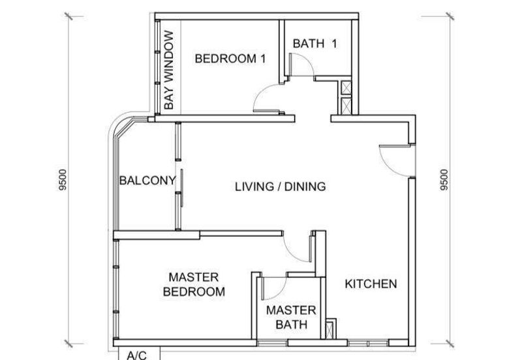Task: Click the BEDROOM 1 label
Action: (230, 59)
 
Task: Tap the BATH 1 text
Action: (315, 43)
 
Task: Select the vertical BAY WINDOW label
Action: (169, 70)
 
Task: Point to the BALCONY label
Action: (147, 181)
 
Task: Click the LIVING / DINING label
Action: (281, 187)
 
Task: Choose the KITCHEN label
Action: (371, 284)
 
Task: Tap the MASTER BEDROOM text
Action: (194, 284)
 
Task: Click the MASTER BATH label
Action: (291, 317)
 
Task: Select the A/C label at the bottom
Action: (137, 355)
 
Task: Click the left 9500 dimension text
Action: (62, 180)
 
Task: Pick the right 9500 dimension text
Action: (444, 180)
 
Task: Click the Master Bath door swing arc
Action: (280, 292)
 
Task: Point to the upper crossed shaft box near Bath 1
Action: (346, 87)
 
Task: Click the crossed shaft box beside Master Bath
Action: (330, 329)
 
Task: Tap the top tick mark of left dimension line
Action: (69, 16)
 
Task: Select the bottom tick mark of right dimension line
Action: (450, 343)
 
